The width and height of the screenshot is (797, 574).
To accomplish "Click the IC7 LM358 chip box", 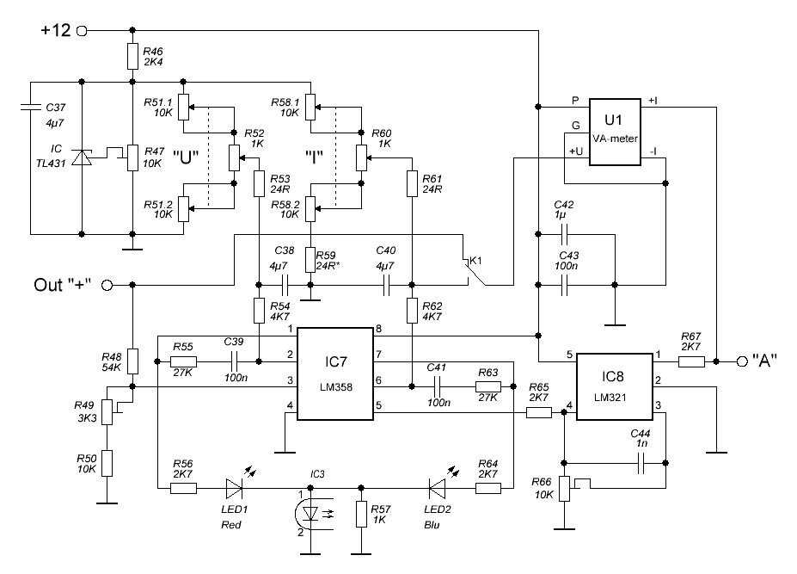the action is point(335,374).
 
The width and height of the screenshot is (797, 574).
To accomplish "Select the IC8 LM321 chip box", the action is point(614,386).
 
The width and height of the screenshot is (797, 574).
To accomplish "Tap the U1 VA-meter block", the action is point(615,132).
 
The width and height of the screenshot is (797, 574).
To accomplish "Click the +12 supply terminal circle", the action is point(82,31).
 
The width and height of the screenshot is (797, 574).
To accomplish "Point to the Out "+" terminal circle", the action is point(107,285).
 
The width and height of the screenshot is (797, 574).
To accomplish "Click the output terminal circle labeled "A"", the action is point(742,361).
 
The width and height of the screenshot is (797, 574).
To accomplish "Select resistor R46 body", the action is point(132,56).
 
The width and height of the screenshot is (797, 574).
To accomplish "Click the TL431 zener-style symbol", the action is point(82,157).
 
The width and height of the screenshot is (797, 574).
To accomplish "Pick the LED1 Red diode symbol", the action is point(234,489).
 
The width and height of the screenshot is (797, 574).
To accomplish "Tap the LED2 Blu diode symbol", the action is point(437,489).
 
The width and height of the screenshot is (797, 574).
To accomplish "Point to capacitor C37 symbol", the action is point(30,107).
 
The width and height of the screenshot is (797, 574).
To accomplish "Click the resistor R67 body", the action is point(691,361).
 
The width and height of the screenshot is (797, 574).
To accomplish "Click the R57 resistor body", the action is point(361,514).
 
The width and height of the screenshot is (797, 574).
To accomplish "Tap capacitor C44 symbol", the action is point(641,463).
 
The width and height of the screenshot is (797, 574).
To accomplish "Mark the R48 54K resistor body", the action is point(132,361).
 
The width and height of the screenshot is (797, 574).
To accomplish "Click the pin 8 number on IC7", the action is point(378,330).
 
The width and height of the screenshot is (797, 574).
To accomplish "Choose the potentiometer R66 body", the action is point(564,489).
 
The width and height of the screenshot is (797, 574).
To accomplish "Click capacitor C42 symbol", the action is point(564,234).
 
